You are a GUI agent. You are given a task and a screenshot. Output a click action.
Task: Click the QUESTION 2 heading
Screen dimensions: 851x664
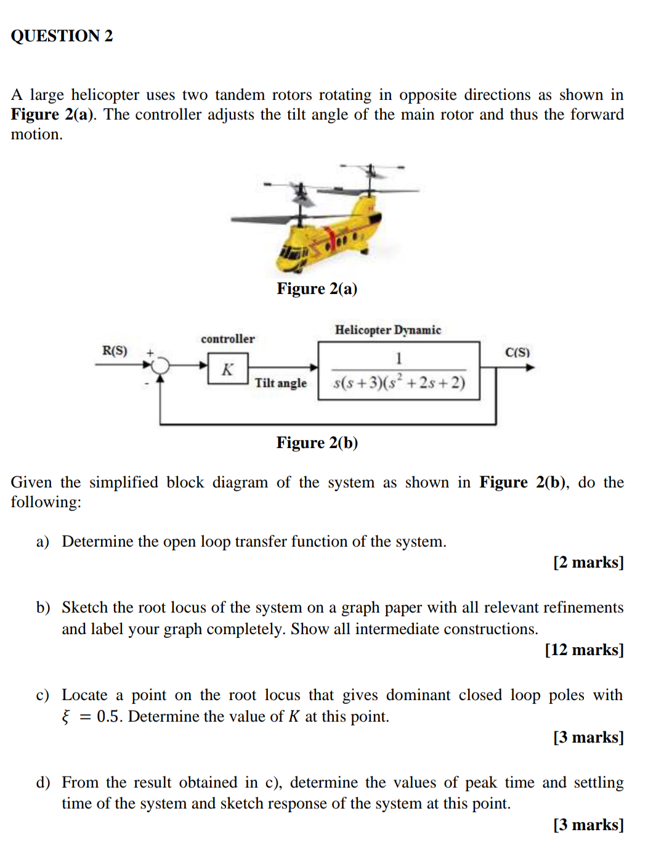(62, 36)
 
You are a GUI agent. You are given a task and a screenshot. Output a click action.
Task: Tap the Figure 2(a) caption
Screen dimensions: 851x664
(317, 288)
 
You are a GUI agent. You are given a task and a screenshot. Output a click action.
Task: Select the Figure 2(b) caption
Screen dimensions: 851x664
(317, 442)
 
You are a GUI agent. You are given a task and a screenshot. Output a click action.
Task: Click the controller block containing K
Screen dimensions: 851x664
(228, 368)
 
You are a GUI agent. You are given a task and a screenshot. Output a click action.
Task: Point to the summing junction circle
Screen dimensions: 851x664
(160, 366)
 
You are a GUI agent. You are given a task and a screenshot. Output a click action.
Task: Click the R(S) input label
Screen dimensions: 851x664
(115, 351)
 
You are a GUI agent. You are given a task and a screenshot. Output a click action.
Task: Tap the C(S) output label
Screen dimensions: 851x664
(517, 352)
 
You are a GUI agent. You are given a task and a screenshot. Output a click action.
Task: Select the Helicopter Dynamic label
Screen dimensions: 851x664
(387, 330)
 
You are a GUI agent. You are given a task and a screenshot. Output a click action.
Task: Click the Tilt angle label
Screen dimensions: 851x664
(281, 383)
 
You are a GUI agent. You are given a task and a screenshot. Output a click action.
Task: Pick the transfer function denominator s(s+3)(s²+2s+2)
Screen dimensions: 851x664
(399, 382)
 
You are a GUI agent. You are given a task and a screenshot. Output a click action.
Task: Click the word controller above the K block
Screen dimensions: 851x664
(227, 338)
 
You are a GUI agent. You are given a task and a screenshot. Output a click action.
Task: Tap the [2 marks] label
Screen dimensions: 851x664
(588, 562)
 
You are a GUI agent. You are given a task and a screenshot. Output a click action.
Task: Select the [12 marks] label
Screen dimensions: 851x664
(584, 649)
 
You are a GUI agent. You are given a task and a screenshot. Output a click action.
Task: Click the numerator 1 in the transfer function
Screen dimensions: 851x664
(399, 358)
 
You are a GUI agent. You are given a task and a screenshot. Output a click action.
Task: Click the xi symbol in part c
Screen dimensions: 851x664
(65, 717)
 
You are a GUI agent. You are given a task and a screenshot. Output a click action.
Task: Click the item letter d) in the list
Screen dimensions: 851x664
(43, 783)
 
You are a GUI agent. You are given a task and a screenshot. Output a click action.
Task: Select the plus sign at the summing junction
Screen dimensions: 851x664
(150, 352)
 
